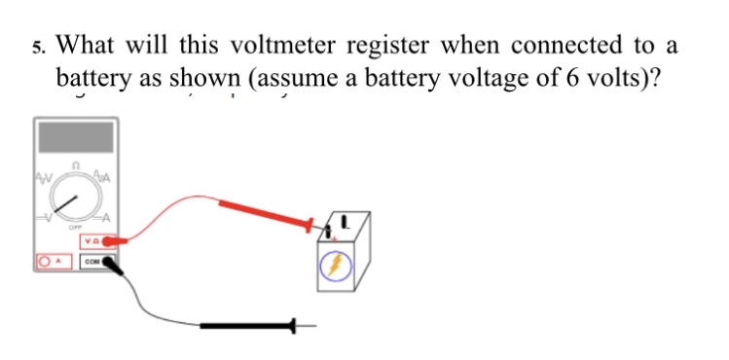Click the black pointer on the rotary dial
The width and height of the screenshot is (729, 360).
(x=67, y=203)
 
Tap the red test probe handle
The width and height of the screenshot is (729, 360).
(x=264, y=213)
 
